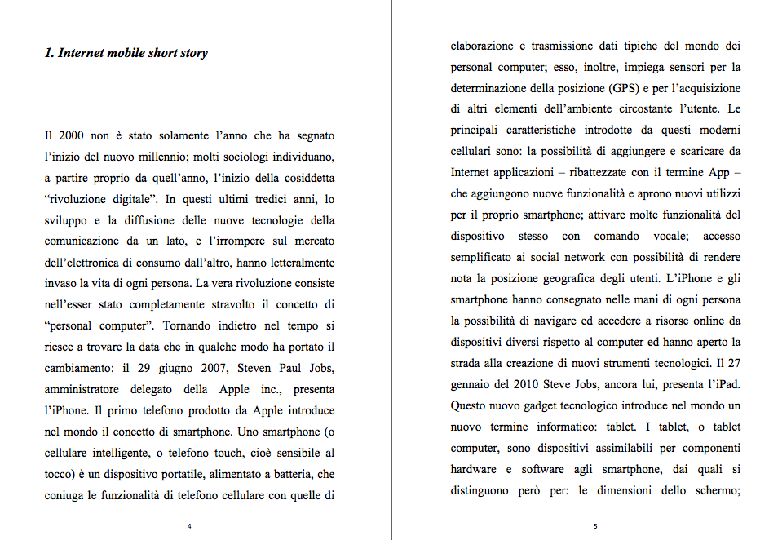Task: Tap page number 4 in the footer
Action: [x=189, y=526]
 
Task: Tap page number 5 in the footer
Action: [x=595, y=526]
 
